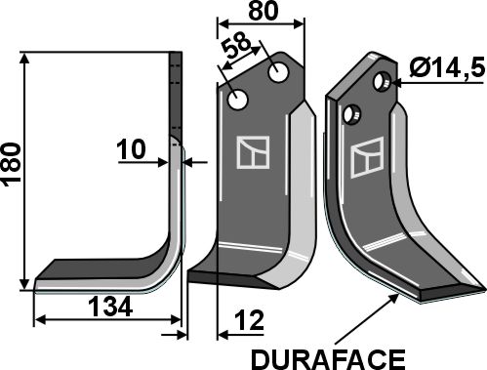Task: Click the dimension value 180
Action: click(12, 164)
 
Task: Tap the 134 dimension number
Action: click(110, 308)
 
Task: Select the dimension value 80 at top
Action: click(264, 11)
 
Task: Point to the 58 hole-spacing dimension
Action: click(237, 45)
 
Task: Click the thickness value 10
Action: click(131, 149)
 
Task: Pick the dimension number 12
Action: click(249, 320)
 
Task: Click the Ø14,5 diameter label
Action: click(447, 68)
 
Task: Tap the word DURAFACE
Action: click(328, 359)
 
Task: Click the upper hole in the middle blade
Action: click(279, 72)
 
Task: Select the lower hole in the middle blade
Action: click(238, 101)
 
